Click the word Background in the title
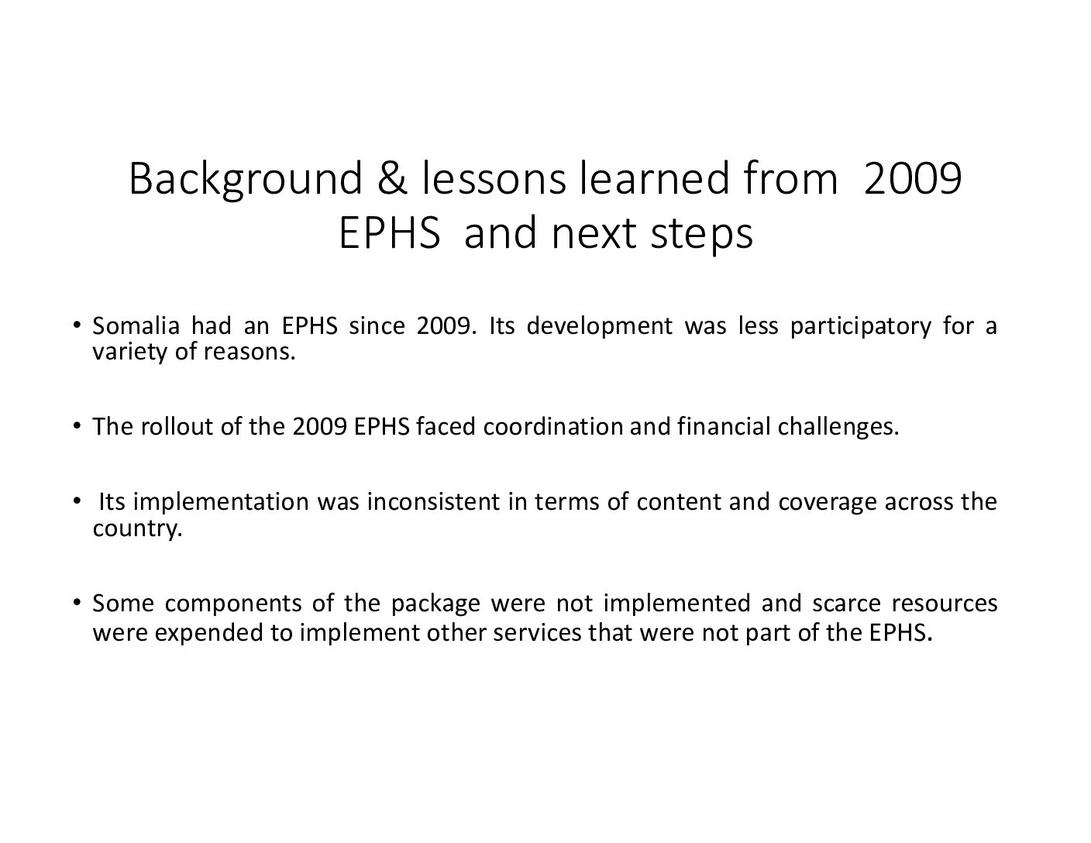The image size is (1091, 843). point(246,180)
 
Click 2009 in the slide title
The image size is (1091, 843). point(912,179)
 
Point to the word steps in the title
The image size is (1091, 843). point(701,235)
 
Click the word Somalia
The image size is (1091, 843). point(136,326)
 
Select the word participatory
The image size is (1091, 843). point(861,327)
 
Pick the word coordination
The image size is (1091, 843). point(552,426)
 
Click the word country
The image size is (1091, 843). point(138,529)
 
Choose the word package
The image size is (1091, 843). point(435,604)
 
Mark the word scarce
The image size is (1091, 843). point(846,603)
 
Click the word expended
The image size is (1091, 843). point(209,632)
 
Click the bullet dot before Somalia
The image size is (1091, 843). point(76,325)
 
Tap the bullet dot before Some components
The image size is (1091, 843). point(76,601)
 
